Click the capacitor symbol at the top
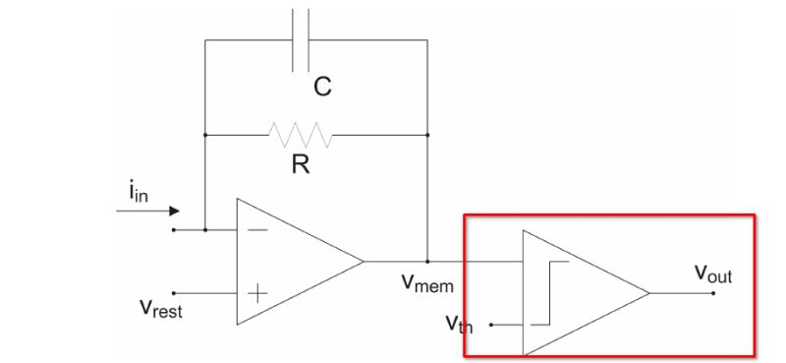point(302,39)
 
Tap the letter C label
point(322,88)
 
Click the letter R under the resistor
point(301,165)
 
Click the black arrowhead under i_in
point(174,210)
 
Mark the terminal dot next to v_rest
point(174,292)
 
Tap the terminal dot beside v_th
point(491,324)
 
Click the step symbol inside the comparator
point(549,292)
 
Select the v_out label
point(713,274)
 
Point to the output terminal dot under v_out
point(714,292)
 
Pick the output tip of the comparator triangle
point(648,292)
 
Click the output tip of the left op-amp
point(364,261)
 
